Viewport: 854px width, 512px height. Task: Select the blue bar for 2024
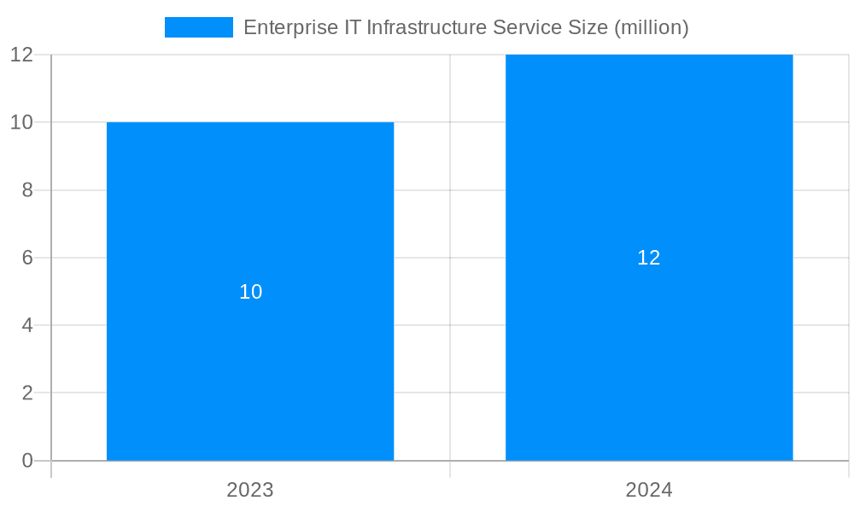649,358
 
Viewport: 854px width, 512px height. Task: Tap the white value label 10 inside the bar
250,292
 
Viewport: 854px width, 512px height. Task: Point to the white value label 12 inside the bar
649,258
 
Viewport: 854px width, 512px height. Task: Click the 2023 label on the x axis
250,490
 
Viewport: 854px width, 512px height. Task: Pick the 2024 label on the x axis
649,490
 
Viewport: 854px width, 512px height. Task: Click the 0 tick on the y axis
26,461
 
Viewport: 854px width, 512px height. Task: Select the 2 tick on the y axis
26,393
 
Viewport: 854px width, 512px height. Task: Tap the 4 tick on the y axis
26,325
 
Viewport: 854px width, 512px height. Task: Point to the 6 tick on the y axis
26,258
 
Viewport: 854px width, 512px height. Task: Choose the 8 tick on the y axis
26,190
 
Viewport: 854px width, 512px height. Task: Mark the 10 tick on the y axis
21,122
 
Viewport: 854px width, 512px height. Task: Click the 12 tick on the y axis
21,55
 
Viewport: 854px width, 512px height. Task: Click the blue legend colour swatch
198,27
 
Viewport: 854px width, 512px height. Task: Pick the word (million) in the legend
651,27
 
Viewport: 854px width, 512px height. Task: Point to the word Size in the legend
588,27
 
